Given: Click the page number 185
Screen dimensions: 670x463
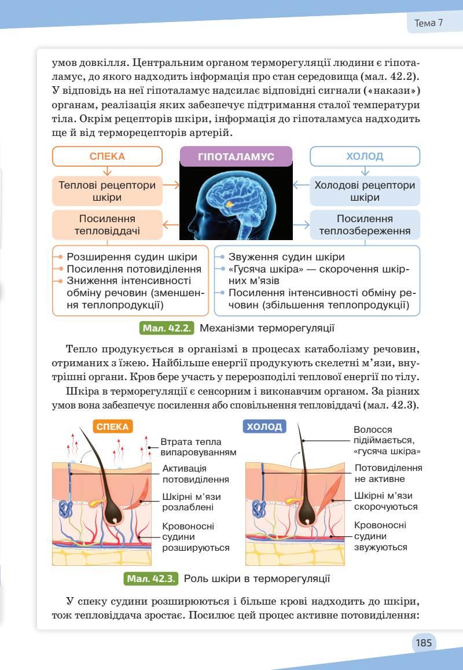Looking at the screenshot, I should tap(424, 643).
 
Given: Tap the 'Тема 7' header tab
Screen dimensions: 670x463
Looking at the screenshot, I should tap(429, 23).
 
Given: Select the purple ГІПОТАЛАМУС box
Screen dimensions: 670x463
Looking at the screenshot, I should tap(236, 156).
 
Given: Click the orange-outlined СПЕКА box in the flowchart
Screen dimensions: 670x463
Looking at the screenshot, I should tap(107, 156).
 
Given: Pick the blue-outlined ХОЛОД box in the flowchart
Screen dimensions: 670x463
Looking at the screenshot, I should tap(365, 156).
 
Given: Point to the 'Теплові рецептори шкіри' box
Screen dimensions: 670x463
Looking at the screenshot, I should tap(107, 192).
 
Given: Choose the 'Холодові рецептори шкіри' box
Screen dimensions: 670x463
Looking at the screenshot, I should tap(365, 192).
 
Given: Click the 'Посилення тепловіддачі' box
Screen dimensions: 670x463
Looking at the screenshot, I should tap(107, 225).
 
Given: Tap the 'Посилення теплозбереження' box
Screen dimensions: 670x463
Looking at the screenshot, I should tap(365, 225).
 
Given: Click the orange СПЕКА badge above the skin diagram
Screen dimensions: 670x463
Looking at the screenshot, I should tap(112, 427).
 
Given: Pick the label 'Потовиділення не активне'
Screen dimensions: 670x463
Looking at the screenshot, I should tap(388, 473).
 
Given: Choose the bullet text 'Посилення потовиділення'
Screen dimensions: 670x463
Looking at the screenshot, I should tap(134, 269).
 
